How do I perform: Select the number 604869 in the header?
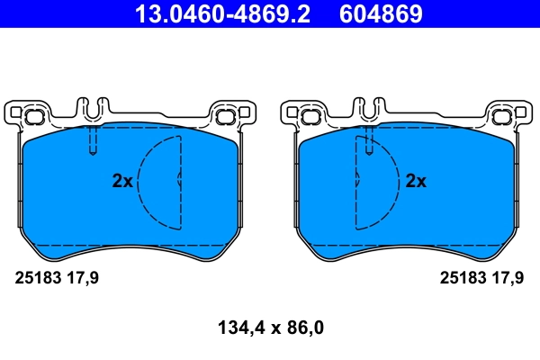coord(380,14)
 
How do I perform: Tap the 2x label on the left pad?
coord(122,181)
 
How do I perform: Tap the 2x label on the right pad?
coord(416,181)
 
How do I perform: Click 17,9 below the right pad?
coord(507,278)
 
